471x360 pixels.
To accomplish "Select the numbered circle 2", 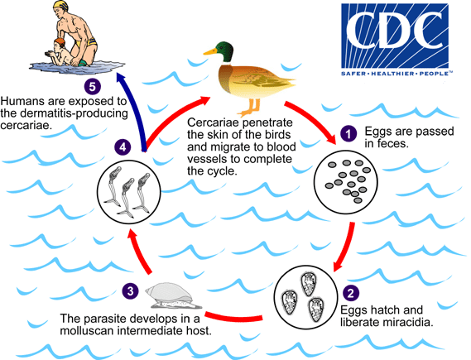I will point(350,290).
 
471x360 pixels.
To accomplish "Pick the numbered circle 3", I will point(130,290).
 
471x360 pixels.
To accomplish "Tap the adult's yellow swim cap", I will point(40,11).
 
